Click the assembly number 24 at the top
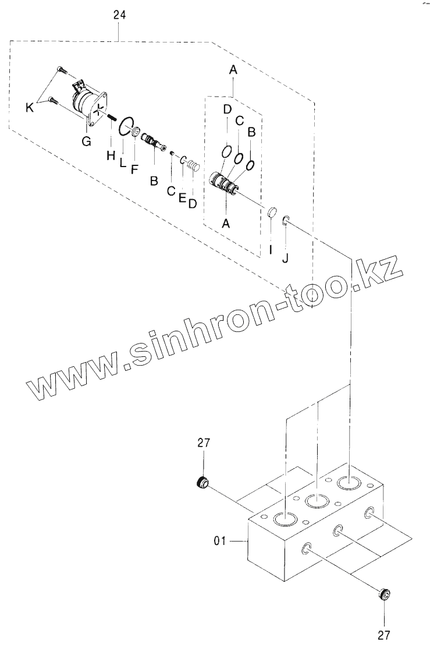tap(119, 16)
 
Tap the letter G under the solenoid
tap(86, 140)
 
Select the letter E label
tap(182, 198)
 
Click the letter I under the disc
tap(271, 251)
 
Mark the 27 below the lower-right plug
tap(384, 634)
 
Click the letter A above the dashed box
tap(233, 70)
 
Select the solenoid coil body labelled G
tap(86, 105)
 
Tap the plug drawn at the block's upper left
tap(202, 482)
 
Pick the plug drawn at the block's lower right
tap(383, 595)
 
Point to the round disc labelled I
tap(271, 213)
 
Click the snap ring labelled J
tap(285, 220)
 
